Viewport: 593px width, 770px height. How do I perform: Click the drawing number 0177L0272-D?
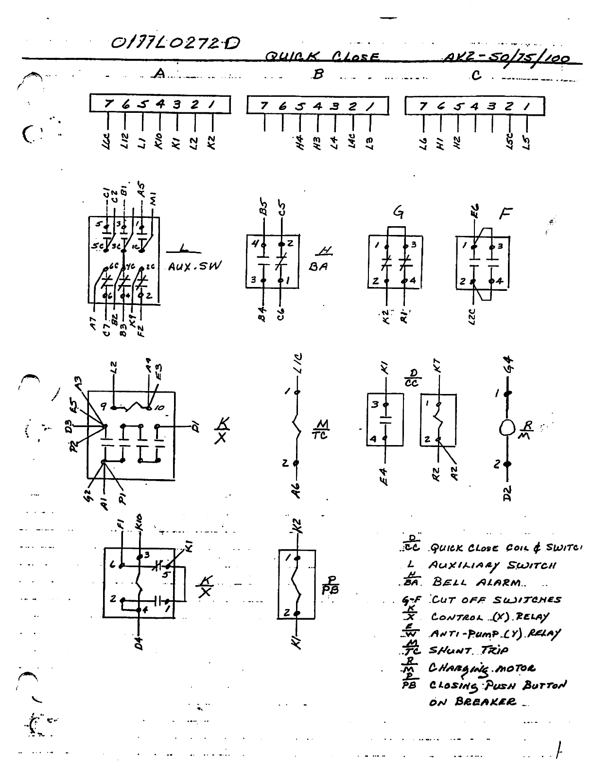coord(175,44)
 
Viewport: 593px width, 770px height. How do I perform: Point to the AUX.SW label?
coord(194,267)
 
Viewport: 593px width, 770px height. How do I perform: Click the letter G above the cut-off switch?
coord(399,213)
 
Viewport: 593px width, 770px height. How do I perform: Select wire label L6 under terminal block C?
coord(423,143)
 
